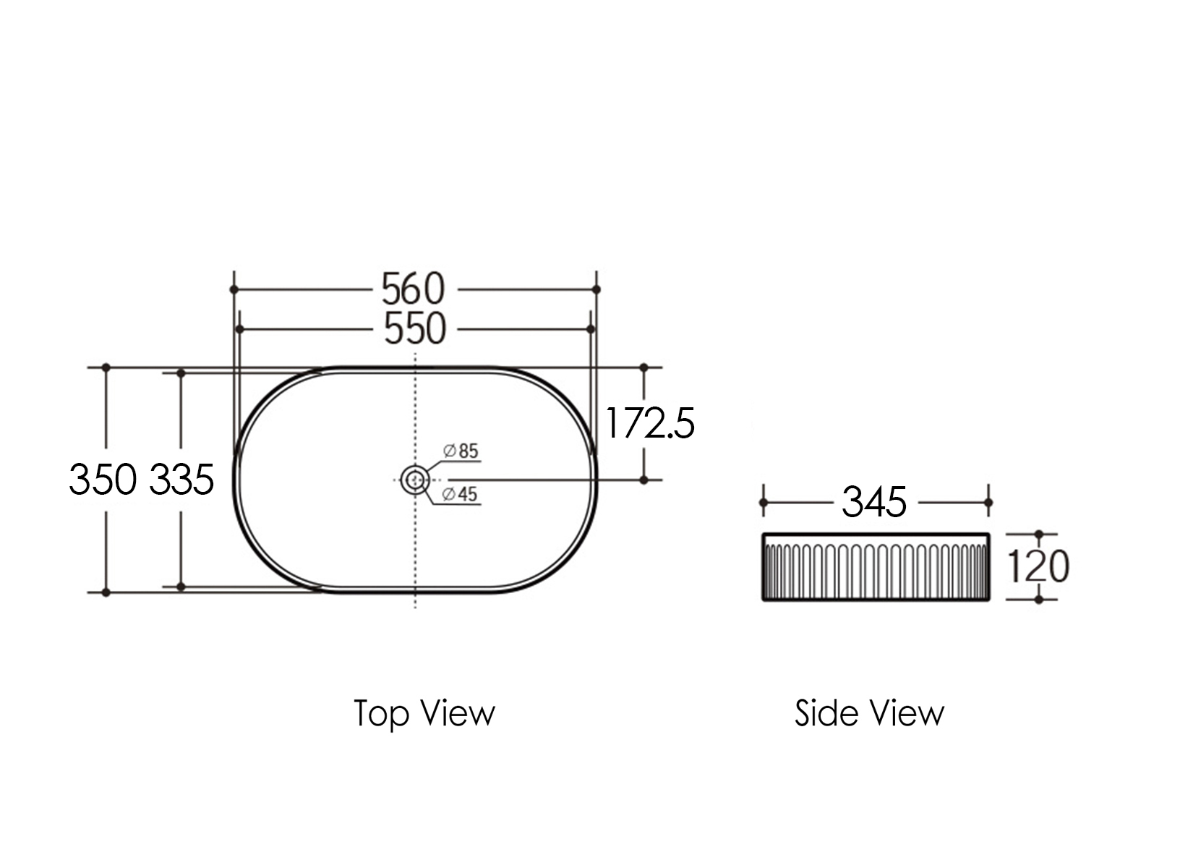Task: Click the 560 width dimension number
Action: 414,289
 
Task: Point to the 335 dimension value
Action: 181,479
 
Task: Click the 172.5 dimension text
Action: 649,423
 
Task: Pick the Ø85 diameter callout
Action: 461,451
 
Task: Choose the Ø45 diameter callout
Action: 460,494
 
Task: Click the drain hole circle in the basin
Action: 415,479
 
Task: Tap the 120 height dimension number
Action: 1038,566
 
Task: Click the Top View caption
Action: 424,713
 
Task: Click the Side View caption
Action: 869,713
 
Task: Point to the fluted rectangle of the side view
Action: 876,567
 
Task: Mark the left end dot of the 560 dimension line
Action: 234,289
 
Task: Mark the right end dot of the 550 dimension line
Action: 591,329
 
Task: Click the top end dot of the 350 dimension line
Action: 106,367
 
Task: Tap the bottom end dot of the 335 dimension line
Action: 181,587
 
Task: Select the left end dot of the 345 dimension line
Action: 763,502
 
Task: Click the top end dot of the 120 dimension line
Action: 1039,535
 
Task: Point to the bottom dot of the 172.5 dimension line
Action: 644,480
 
